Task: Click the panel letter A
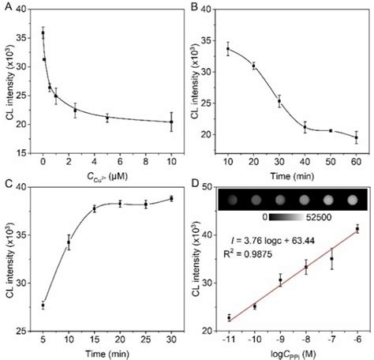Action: tap(6, 6)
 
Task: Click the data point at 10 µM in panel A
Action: tap(171, 122)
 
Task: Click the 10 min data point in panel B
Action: tap(228, 49)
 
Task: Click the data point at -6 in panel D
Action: tap(357, 228)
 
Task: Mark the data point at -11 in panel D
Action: tap(228, 317)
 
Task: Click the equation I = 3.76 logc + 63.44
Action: tap(277, 240)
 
